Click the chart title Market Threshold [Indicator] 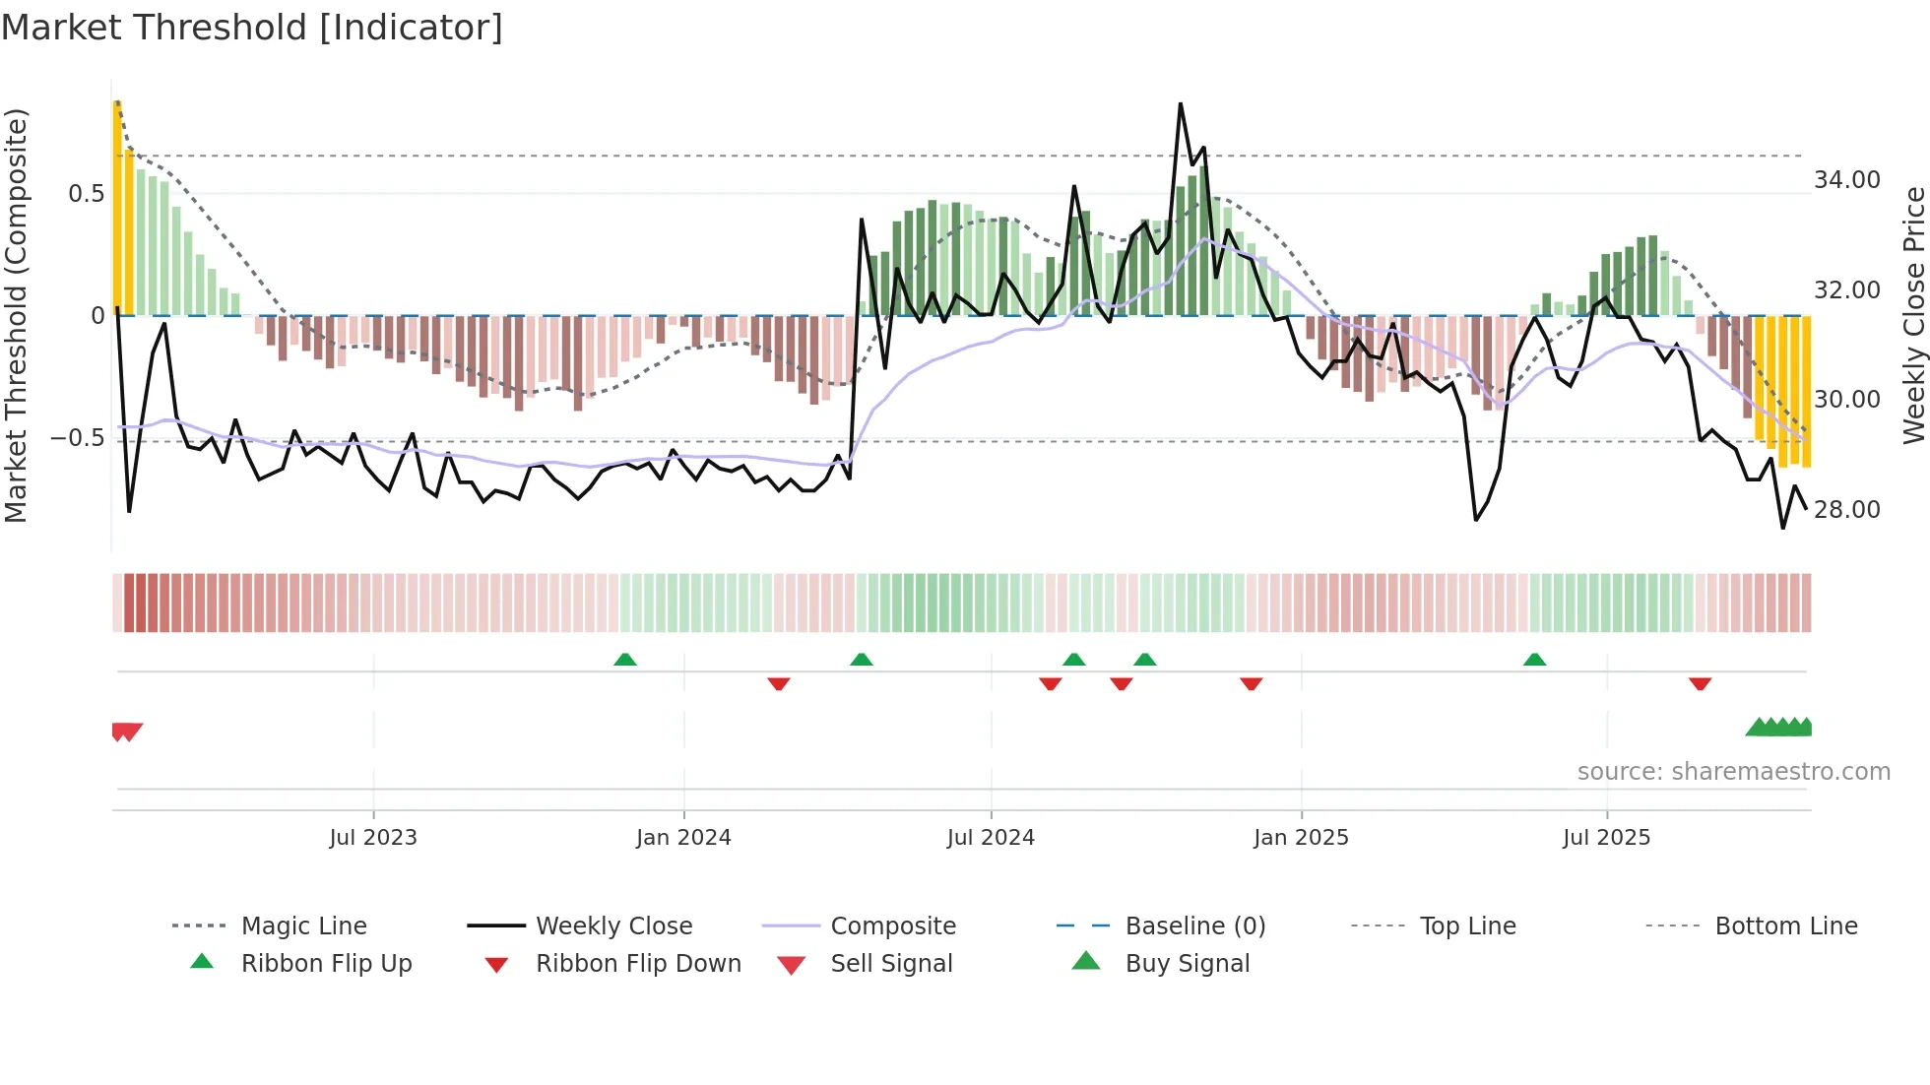coord(252,28)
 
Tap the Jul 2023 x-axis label coord(373,838)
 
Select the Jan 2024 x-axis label coord(683,838)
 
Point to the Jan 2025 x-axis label coord(1301,838)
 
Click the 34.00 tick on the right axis coord(1847,180)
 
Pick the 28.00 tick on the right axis coord(1847,510)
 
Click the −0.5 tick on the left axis coord(77,437)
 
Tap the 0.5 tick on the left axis coord(86,194)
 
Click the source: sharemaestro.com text coord(1733,772)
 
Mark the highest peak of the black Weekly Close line coord(1180,104)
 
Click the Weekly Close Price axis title coord(1913,315)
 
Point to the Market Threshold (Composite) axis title coord(16,315)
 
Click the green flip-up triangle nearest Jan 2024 coord(625,660)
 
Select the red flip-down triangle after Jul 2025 coord(1700,683)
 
